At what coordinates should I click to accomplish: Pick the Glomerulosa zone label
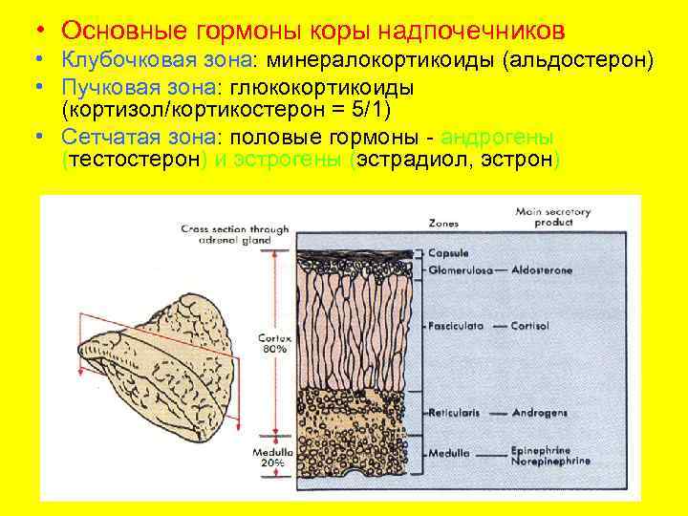click(x=461, y=271)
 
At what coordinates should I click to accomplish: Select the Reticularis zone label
click(x=455, y=413)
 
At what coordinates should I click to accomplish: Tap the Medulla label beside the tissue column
click(x=448, y=453)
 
